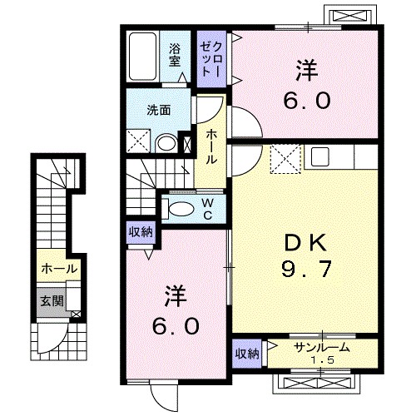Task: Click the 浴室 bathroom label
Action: pyautogui.click(x=175, y=57)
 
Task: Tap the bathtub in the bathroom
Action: pyautogui.click(x=143, y=57)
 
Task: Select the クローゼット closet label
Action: pyautogui.click(x=211, y=59)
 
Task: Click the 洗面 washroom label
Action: pyautogui.click(x=158, y=111)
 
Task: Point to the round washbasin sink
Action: pyautogui.click(x=166, y=144)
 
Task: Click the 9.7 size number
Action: pyautogui.click(x=306, y=270)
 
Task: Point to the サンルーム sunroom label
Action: pyautogui.click(x=322, y=347)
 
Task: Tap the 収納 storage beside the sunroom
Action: pyautogui.click(x=247, y=354)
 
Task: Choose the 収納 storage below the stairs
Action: pyautogui.click(x=141, y=232)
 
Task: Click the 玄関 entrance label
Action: pyautogui.click(x=52, y=300)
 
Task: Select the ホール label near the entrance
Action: pyautogui.click(x=59, y=269)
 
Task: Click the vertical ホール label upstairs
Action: pyautogui.click(x=210, y=146)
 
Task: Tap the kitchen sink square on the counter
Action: pyautogui.click(x=319, y=157)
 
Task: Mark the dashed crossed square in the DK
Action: pyautogui.click(x=285, y=159)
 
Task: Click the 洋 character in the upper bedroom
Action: pyautogui.click(x=306, y=71)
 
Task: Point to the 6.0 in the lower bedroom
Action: pyautogui.click(x=176, y=326)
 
